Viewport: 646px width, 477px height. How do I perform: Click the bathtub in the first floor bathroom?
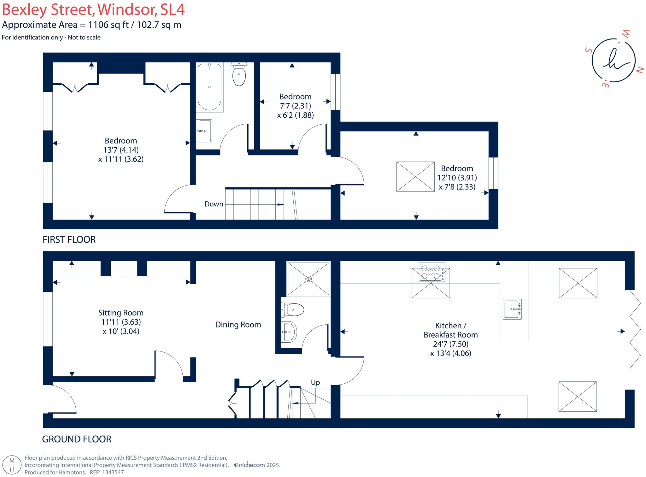[209, 87]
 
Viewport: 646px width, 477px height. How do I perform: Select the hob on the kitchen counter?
[431, 272]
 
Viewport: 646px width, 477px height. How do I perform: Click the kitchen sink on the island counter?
[512, 309]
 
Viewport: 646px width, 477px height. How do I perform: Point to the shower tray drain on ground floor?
[308, 279]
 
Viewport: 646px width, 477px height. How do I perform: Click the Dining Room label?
[238, 325]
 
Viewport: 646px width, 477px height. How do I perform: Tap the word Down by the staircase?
[214, 204]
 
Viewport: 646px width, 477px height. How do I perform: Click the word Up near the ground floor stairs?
[315, 382]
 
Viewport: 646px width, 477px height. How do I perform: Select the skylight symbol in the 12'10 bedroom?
[415, 177]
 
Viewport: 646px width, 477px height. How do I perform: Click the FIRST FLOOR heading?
[69, 240]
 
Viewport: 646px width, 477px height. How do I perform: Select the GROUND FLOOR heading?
[77, 439]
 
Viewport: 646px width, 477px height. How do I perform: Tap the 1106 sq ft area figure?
[109, 25]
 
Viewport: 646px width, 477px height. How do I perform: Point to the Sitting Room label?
[121, 313]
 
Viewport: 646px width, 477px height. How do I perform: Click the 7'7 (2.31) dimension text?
[295, 106]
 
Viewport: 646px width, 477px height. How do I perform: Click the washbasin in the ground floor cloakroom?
[289, 332]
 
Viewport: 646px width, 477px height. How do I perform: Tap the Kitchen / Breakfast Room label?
[450, 330]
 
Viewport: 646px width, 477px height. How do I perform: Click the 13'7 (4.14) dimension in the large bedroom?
[121, 150]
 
